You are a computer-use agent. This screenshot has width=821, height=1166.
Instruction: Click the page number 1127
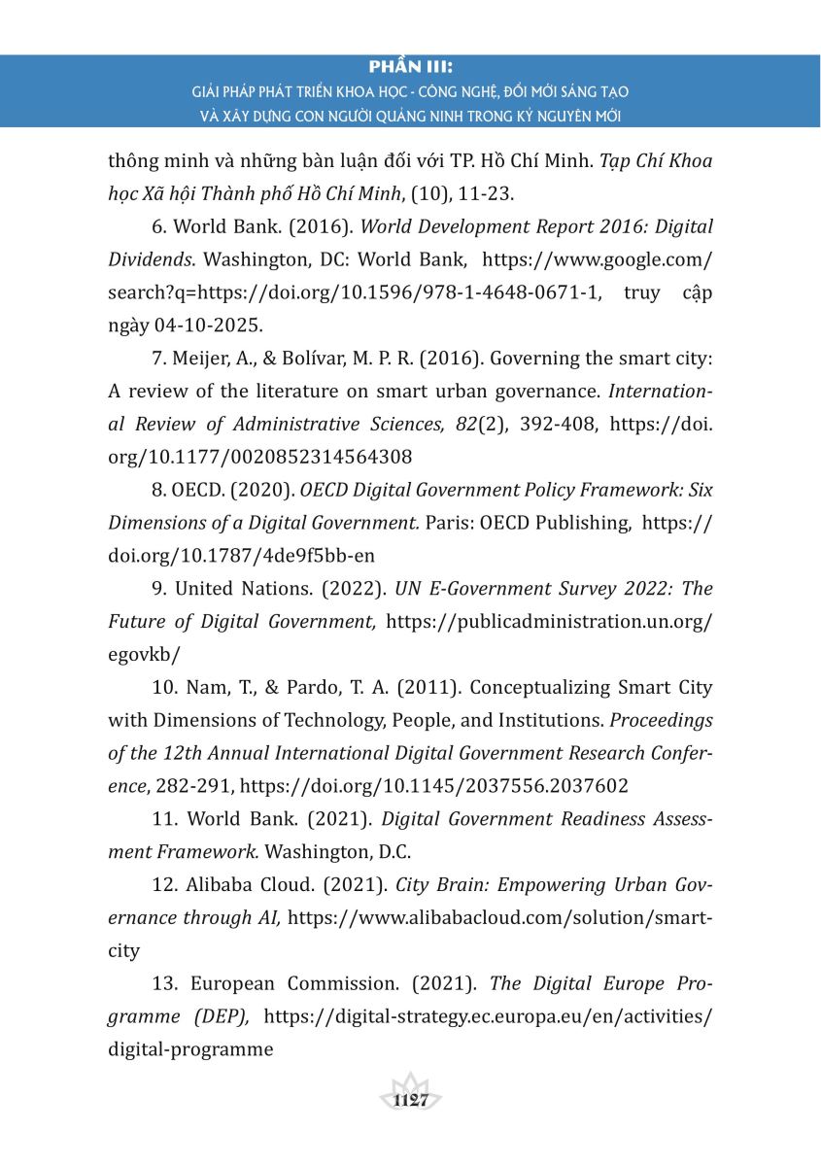(411, 1100)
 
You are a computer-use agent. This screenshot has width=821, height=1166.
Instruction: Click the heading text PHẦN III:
(411, 68)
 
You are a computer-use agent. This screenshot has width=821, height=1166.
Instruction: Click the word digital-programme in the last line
(190, 1049)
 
